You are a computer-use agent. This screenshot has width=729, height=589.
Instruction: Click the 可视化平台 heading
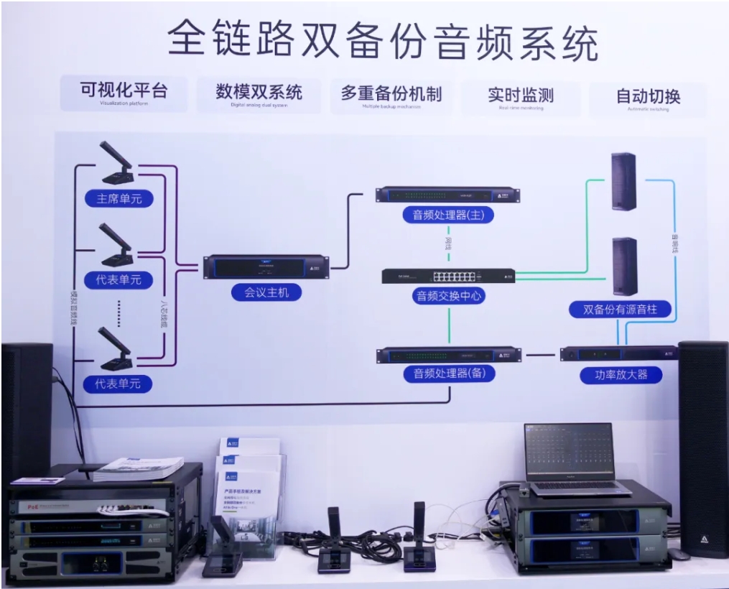pyautogui.click(x=124, y=91)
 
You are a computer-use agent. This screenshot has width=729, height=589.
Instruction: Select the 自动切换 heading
pyautogui.click(x=648, y=97)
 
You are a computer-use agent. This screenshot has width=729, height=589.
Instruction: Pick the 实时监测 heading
pyautogui.click(x=521, y=96)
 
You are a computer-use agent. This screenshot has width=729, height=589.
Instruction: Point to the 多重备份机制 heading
pyautogui.click(x=391, y=94)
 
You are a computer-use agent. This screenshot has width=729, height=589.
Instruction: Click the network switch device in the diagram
pyautogui.click(x=448, y=277)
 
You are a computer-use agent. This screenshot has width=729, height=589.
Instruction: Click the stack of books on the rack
pyautogui.click(x=138, y=468)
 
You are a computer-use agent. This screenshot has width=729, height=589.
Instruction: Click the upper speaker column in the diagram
pyautogui.click(x=623, y=180)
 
